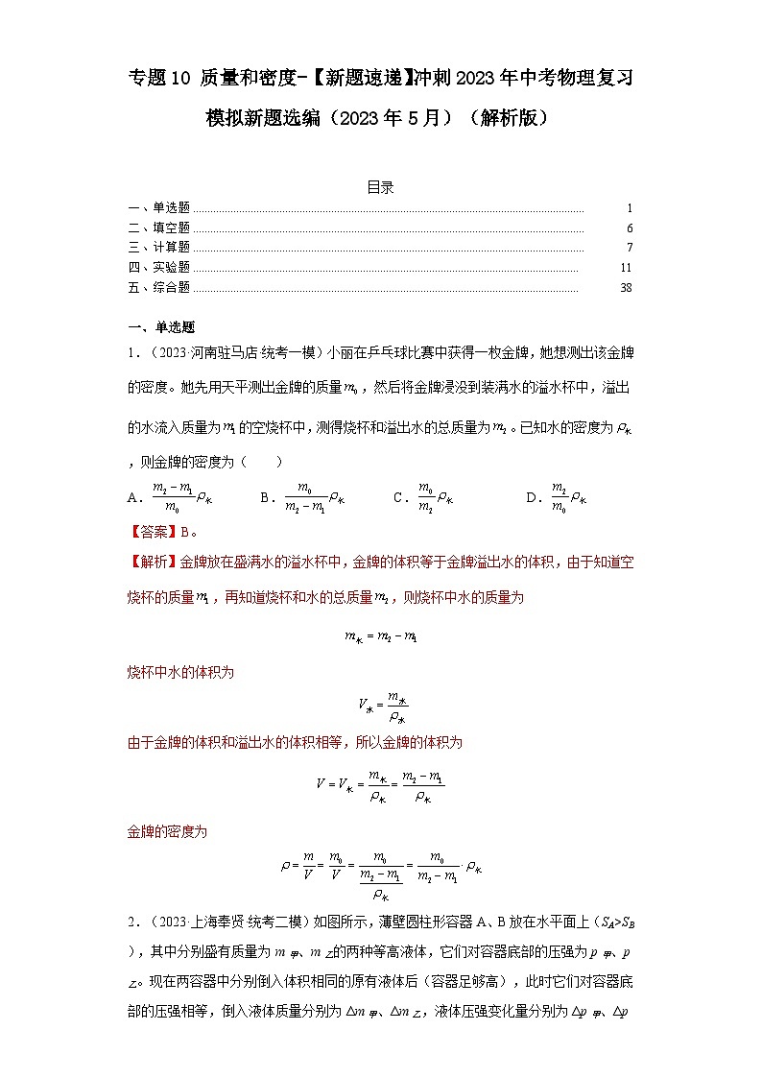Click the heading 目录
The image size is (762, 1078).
tap(380, 187)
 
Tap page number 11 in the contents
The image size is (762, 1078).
tap(626, 268)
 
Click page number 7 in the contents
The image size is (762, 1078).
tap(629, 248)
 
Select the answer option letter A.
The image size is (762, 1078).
tap(133, 497)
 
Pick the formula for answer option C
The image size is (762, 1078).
tap(435, 496)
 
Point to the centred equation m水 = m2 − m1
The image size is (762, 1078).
tap(380, 635)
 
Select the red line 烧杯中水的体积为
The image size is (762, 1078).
tap(180, 673)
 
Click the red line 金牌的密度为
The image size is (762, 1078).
tap(167, 831)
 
